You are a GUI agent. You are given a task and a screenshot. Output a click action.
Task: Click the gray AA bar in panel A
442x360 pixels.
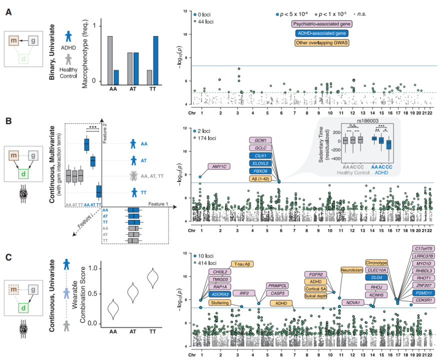110,58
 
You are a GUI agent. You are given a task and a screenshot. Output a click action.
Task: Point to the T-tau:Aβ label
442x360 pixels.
243,264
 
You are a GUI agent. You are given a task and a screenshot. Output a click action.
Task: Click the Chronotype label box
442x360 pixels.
376,262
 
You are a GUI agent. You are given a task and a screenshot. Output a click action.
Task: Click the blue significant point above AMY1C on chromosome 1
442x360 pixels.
200,176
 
